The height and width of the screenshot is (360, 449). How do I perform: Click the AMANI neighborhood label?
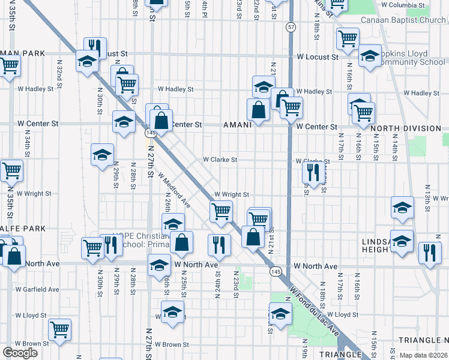tap(241, 125)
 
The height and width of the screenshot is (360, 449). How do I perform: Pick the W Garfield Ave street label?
tap(37, 289)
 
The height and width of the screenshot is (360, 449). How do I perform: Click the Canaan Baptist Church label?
tap(403, 20)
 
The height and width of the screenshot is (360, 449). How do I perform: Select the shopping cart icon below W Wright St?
tap(221, 211)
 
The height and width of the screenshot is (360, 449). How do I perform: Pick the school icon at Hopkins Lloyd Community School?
tap(370, 55)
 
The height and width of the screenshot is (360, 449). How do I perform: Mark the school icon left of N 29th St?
tap(102, 154)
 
